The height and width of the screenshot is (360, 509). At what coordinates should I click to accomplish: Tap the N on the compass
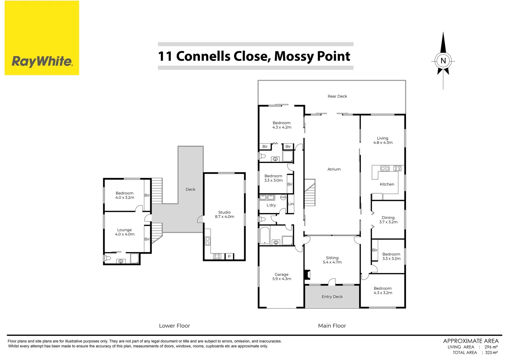click(443, 61)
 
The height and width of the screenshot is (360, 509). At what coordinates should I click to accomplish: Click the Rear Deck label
click(337, 96)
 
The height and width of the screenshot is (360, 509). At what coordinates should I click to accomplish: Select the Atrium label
click(334, 169)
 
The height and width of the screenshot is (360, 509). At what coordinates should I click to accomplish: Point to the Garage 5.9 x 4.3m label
click(281, 277)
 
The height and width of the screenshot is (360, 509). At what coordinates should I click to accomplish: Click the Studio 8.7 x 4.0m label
click(224, 214)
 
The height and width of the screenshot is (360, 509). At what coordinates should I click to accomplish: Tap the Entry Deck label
click(332, 297)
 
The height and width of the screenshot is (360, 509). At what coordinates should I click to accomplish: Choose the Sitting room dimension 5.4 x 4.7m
click(332, 262)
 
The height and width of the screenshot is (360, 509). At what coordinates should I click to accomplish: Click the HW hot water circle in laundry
click(283, 197)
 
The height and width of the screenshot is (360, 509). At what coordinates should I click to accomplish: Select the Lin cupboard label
click(290, 204)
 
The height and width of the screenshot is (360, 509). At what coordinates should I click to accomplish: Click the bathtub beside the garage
click(264, 236)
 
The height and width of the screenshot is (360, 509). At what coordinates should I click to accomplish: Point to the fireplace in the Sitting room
click(307, 275)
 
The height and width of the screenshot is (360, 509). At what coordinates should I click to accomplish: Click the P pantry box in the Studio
click(229, 256)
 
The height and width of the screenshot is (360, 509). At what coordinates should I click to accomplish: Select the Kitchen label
click(387, 184)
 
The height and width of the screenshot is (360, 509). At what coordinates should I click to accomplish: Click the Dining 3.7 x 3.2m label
click(388, 220)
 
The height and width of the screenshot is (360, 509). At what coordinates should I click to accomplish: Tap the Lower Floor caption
click(174, 326)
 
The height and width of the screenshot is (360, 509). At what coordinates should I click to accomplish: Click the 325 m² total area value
click(491, 352)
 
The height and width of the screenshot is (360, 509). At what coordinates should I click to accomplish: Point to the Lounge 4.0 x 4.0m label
click(125, 232)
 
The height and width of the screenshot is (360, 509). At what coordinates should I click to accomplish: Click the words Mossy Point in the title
click(312, 56)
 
